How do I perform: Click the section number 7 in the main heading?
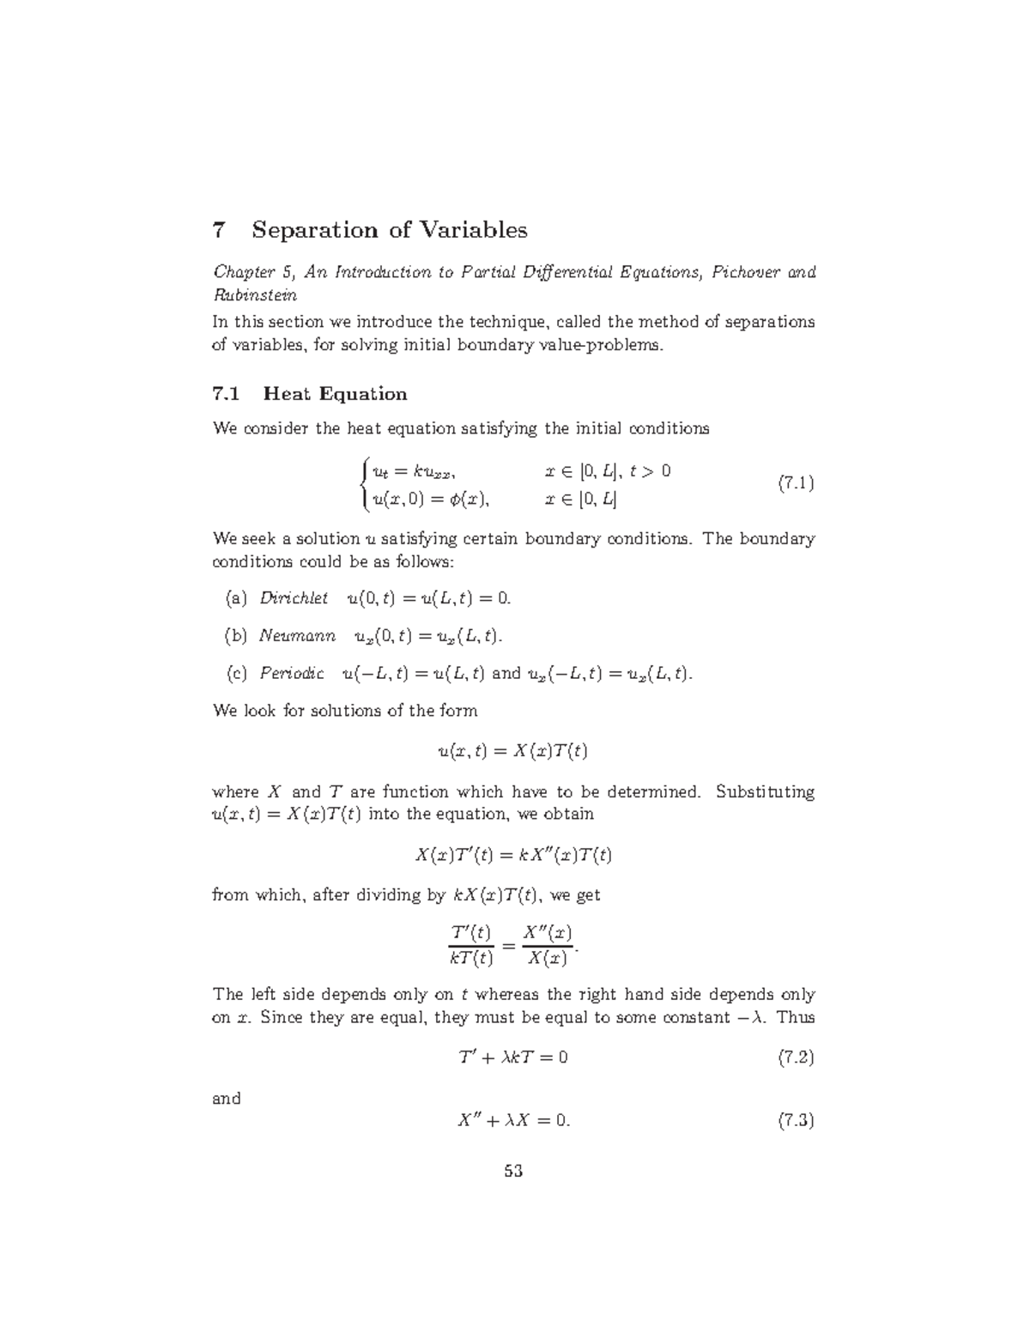(219, 230)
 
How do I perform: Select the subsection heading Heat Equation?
(335, 394)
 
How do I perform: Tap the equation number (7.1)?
(796, 483)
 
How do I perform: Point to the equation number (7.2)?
(796, 1057)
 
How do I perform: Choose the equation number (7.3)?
(796, 1120)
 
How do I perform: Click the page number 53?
(514, 1171)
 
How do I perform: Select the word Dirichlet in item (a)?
(294, 597)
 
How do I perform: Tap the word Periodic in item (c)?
(292, 673)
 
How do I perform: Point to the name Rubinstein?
(255, 294)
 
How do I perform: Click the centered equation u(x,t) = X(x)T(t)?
(513, 751)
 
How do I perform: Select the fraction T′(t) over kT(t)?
(471, 945)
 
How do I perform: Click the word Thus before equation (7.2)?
(797, 1017)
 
